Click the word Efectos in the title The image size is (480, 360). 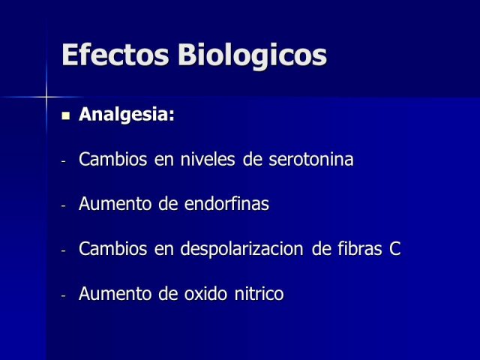[x=115, y=55]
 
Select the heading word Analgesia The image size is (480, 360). [x=127, y=115]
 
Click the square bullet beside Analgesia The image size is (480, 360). [x=65, y=116]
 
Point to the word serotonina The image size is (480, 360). [x=311, y=160]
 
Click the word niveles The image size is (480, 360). [x=208, y=159]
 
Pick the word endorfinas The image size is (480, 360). [x=226, y=203]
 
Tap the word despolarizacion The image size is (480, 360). [x=241, y=249]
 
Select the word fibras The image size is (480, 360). [x=360, y=248]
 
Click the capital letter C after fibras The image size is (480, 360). [x=395, y=249]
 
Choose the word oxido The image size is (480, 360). [x=205, y=293]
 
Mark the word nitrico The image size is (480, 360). [x=259, y=293]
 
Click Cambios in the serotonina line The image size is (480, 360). [x=112, y=159]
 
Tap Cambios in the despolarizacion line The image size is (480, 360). [x=112, y=248]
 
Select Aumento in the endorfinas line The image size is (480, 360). [x=115, y=204]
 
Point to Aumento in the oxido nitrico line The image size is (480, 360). [x=115, y=294]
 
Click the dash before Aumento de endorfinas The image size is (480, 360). [x=63, y=206]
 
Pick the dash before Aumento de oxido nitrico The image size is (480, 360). [x=63, y=295]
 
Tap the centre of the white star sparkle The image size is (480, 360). [x=46, y=97]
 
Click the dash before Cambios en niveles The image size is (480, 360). [x=63, y=161]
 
